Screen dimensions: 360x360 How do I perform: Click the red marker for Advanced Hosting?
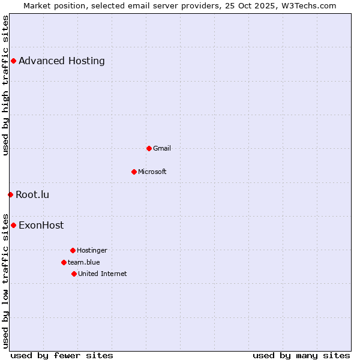(x=13, y=61)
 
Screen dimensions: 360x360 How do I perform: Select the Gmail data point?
(x=149, y=148)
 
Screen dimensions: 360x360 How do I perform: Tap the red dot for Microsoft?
(x=134, y=172)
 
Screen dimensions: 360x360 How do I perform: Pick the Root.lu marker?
(x=10, y=194)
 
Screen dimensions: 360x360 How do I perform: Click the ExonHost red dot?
(x=13, y=225)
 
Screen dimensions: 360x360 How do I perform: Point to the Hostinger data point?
(x=73, y=250)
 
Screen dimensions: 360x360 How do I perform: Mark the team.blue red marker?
(x=64, y=262)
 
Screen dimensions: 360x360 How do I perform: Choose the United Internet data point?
(x=74, y=274)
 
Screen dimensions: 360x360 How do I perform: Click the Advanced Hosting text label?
(x=62, y=61)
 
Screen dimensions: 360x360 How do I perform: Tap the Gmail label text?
(x=162, y=148)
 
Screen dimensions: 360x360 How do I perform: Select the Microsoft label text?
(x=152, y=172)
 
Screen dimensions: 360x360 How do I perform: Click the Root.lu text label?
(x=32, y=194)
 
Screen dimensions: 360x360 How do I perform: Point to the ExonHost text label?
(x=41, y=226)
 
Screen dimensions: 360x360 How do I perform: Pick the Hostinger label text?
(x=92, y=250)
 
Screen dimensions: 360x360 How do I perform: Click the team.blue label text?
(x=84, y=262)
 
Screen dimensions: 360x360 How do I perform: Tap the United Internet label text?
(x=103, y=274)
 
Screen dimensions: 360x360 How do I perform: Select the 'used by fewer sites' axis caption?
(x=62, y=355)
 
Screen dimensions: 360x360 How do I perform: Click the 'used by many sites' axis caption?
(x=301, y=355)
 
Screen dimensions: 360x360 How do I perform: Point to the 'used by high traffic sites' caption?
(x=6, y=85)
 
